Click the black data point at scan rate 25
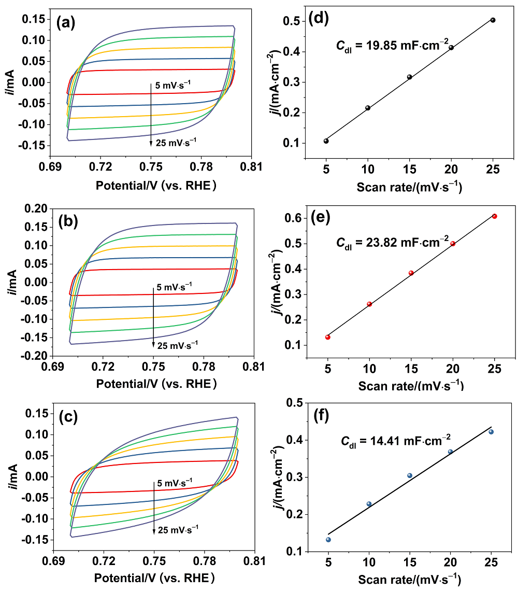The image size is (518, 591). point(493,20)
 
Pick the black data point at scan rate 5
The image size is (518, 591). point(326,141)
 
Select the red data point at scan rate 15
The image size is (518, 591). point(411,273)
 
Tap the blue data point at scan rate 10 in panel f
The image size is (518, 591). point(369,504)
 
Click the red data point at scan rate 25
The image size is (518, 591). point(494,216)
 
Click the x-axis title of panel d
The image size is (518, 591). point(409,187)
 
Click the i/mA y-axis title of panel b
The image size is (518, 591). point(12,283)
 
